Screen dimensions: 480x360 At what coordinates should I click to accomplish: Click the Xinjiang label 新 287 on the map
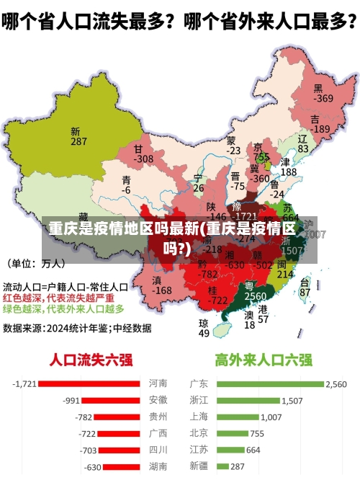78,137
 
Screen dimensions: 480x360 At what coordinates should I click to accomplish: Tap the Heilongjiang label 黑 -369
323,93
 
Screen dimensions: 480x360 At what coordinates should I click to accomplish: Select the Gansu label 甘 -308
143,154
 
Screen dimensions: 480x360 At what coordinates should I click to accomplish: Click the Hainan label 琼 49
204,328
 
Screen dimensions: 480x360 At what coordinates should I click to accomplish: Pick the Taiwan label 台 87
305,288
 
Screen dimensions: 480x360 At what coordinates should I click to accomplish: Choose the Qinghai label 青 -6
127,185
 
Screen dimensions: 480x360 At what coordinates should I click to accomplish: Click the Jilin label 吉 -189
319,124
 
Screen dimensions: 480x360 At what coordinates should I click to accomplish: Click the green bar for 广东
269,383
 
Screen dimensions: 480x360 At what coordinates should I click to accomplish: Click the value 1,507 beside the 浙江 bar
292,400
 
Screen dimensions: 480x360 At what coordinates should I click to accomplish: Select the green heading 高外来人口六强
264,359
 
